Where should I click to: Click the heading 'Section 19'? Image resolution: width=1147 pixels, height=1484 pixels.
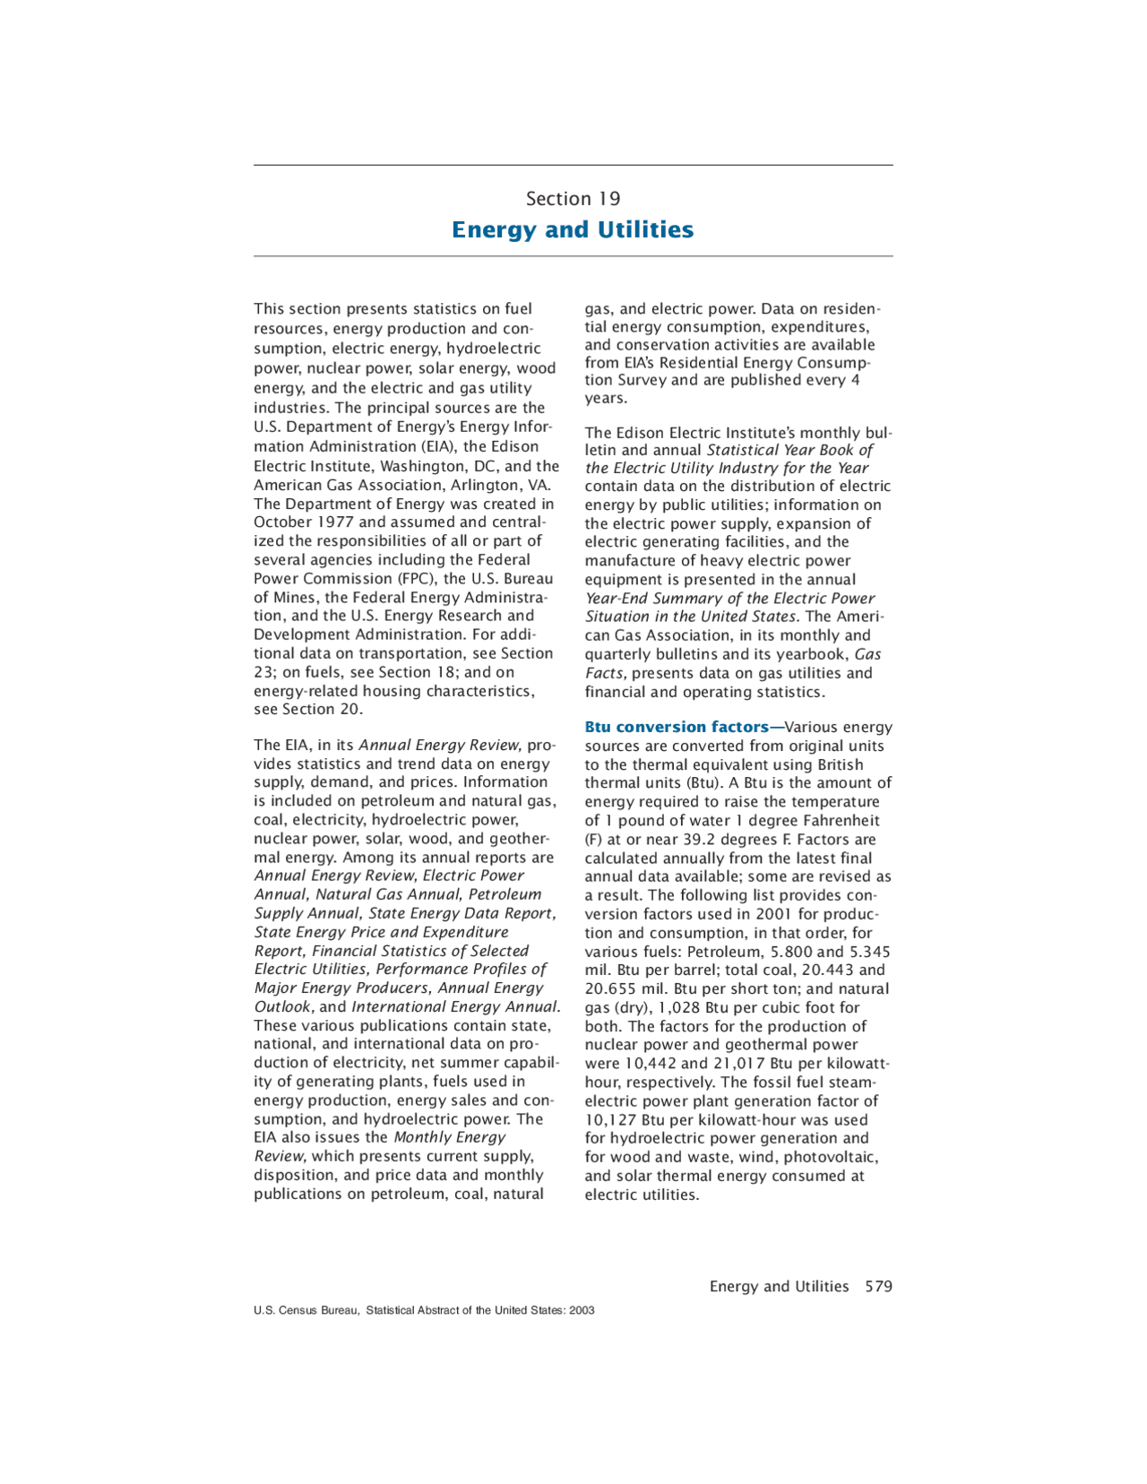(573, 199)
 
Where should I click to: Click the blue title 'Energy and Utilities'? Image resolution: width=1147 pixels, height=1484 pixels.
(573, 230)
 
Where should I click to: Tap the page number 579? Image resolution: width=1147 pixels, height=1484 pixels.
(878, 1286)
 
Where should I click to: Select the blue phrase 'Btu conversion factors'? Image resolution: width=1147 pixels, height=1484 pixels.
(677, 727)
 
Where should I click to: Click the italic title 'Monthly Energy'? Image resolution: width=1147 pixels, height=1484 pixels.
(450, 1137)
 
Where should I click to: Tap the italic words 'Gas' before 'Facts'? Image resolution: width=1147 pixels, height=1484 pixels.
(867, 655)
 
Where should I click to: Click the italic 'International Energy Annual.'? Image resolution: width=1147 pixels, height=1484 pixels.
(456, 1007)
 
